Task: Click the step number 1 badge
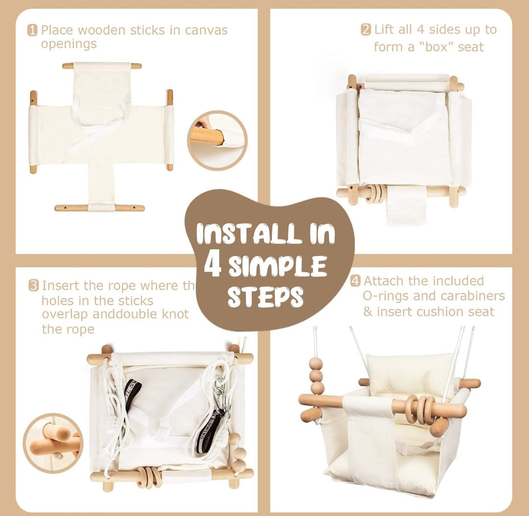point(32,30)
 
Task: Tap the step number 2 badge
point(366,30)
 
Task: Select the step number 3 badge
point(33,285)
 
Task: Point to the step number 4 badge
point(356,281)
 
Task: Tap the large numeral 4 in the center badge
point(213,265)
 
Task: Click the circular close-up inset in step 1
point(217,140)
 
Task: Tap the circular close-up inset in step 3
point(52,443)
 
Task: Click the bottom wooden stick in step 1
point(100,208)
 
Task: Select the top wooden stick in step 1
point(102,66)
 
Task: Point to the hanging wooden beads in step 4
point(316,375)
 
